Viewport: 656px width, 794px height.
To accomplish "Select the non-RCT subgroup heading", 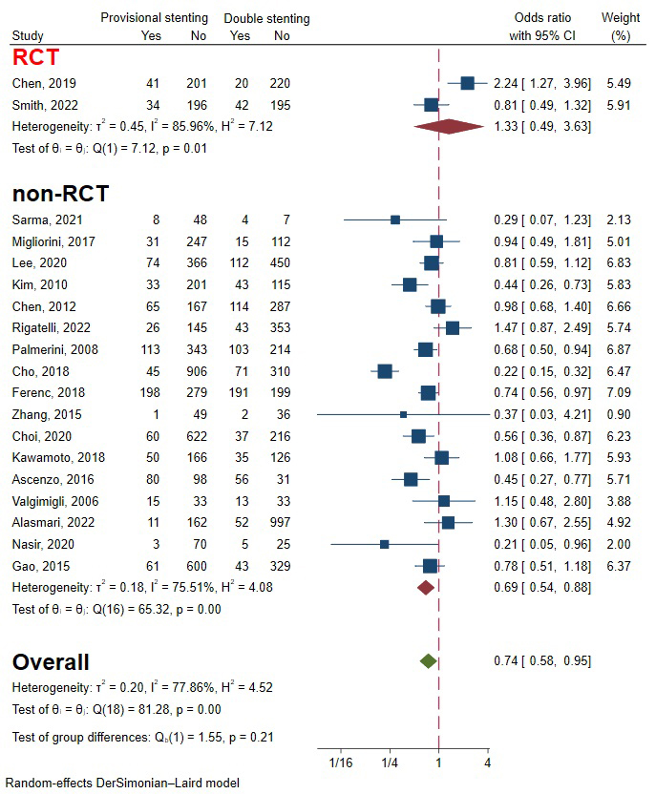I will tap(59, 194).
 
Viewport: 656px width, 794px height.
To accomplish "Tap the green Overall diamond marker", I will tap(428, 660).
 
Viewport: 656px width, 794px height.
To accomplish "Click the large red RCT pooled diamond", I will tap(450, 127).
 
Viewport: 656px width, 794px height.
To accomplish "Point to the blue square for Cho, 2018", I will tap(385, 370).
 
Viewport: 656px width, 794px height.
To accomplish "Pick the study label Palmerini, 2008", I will tap(55, 348).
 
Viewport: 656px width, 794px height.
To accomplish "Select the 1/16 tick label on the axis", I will tap(341, 763).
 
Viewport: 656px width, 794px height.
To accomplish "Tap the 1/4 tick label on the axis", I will tap(390, 763).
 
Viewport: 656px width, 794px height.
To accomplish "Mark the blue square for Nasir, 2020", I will tap(384, 544).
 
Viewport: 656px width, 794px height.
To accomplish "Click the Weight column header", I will tap(621, 18).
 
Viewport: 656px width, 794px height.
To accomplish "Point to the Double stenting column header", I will tap(266, 18).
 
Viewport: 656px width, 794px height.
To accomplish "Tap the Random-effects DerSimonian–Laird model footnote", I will tap(122, 784).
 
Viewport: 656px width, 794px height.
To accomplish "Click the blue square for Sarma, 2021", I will tap(395, 219).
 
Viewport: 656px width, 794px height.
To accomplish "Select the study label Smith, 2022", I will tap(44, 105).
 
